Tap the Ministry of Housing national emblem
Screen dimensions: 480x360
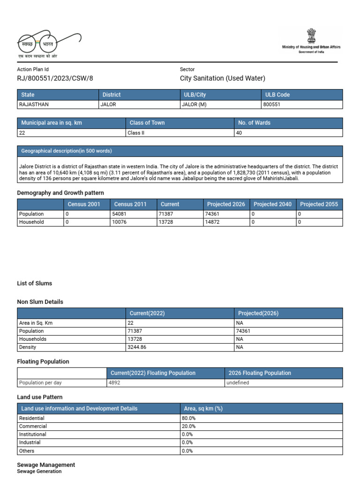(x=311, y=36)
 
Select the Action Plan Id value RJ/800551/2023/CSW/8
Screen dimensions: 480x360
(x=55, y=79)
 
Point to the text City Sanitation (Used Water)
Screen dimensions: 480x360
(x=222, y=79)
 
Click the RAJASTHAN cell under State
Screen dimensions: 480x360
(x=33, y=105)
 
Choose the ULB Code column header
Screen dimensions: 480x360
(x=277, y=95)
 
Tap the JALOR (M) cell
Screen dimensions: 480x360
(x=194, y=105)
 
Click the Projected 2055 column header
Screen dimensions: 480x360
(x=319, y=204)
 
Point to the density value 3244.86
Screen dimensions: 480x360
(x=137, y=347)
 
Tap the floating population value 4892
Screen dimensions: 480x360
(x=115, y=382)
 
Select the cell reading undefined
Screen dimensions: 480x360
(x=239, y=382)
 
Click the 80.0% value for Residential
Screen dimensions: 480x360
(x=188, y=418)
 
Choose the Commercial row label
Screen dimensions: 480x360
(x=33, y=426)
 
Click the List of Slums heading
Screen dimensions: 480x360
(x=35, y=283)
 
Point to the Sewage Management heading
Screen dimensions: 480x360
(x=46, y=465)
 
